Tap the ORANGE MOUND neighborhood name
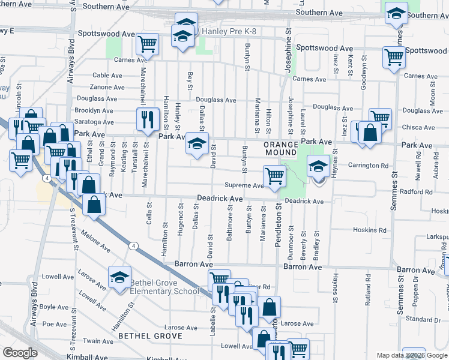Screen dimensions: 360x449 coord(281,145)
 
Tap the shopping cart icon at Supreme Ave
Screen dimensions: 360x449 coord(274,176)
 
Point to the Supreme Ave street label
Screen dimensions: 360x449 coord(244,186)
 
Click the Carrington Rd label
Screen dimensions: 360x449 coord(368,166)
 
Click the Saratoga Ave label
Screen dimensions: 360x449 coord(94,122)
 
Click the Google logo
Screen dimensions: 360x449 coord(19,353)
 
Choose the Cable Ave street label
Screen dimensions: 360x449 coord(108,76)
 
